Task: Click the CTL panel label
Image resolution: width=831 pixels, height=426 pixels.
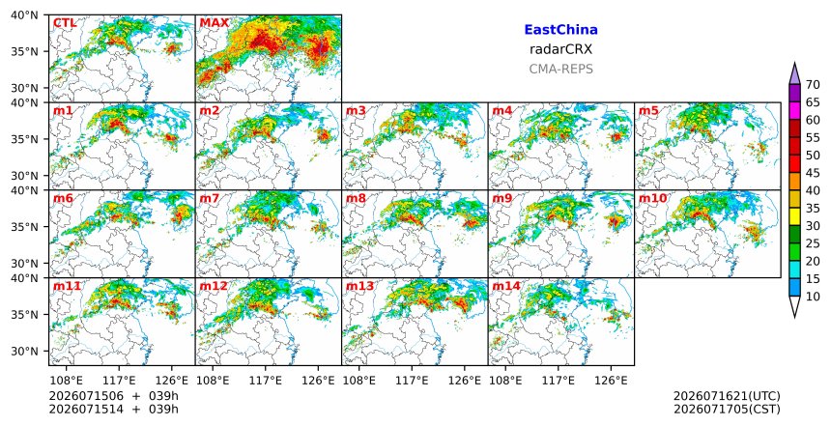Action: [x=65, y=23]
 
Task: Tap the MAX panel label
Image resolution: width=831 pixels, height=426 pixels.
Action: [x=215, y=23]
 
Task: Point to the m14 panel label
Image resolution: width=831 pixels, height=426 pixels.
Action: [x=505, y=286]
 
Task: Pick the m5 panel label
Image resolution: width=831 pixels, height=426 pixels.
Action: [x=648, y=111]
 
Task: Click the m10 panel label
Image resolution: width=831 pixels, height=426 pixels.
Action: [x=652, y=198]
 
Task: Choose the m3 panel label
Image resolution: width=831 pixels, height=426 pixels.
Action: [x=356, y=111]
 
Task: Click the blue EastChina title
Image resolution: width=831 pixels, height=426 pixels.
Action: [x=560, y=30]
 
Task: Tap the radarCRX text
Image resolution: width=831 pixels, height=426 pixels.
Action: [x=560, y=49]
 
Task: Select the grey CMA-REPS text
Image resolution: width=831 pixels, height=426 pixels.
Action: [x=560, y=69]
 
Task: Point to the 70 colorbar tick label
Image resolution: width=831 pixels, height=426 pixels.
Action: [x=813, y=85]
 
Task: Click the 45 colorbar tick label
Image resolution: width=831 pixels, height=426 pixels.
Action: [x=813, y=173]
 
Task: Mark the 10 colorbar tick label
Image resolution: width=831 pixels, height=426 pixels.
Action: [x=813, y=297]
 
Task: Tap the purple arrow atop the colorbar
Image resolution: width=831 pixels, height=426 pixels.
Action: [x=794, y=74]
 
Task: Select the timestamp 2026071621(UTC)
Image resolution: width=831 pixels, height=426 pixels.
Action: [x=727, y=396]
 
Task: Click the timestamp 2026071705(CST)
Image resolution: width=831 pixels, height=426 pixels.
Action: [x=727, y=410]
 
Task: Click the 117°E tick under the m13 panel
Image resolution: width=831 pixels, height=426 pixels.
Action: [x=412, y=381]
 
